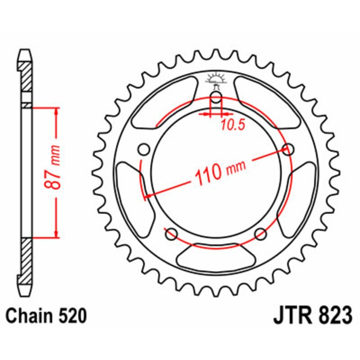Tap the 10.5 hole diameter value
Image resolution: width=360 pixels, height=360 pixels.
click(233, 126)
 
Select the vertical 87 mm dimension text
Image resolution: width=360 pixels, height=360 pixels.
click(55, 168)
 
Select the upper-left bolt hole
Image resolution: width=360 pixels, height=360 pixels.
click(144, 149)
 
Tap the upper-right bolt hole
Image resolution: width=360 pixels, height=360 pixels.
click(288, 149)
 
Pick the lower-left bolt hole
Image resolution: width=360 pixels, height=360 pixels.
click(171, 234)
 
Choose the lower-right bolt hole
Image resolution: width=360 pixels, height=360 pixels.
click(261, 234)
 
